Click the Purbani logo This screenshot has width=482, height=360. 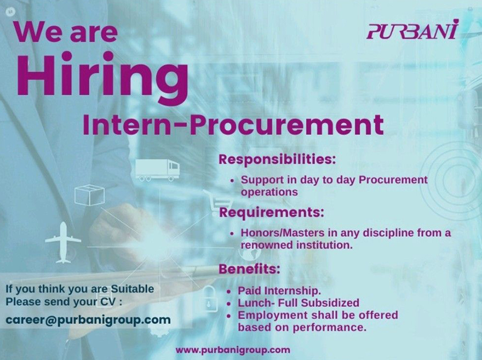tap(412, 29)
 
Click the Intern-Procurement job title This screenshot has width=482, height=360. tap(234, 125)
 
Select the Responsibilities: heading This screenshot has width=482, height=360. tap(277, 159)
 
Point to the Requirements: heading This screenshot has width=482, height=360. tap(272, 212)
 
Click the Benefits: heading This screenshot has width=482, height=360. tap(249, 269)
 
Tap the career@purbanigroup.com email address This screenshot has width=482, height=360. tap(88, 320)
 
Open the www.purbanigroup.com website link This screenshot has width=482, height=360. tap(233, 350)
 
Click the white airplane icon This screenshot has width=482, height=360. tap(63, 242)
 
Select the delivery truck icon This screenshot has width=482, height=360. tap(157, 170)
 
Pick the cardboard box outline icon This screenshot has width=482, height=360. tap(89, 195)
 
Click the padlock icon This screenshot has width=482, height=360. tap(209, 298)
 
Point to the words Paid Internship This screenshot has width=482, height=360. tap(280, 290)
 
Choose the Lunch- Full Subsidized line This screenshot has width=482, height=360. tap(298, 303)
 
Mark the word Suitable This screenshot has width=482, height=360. tap(132, 289)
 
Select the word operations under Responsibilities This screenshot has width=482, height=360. tap(269, 192)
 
